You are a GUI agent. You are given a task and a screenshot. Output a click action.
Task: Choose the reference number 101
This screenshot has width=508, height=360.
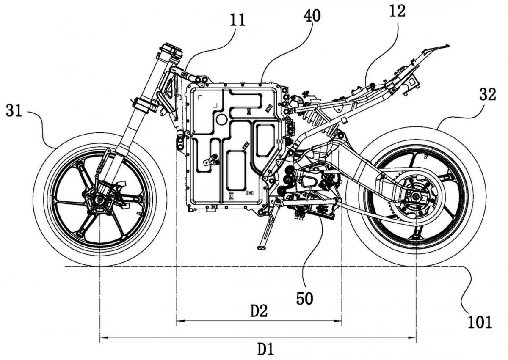[x=479, y=322]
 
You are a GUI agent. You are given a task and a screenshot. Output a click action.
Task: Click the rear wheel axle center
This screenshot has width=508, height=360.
[x=416, y=196]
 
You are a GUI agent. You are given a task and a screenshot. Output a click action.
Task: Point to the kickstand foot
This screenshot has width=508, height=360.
[x=261, y=248]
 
